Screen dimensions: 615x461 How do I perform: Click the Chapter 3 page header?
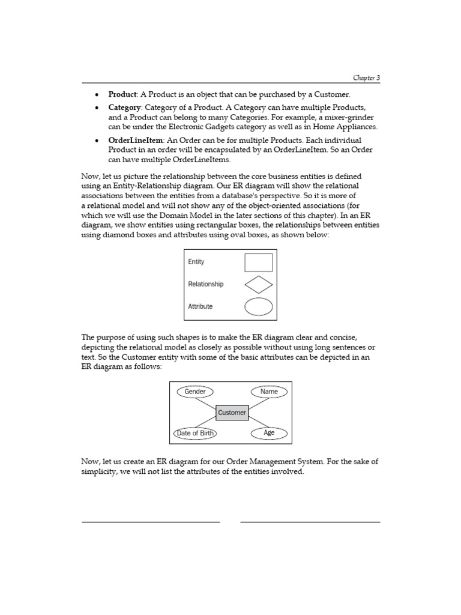(x=366, y=78)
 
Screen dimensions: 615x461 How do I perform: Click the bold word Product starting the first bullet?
(x=122, y=94)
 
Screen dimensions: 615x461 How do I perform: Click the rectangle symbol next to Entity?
(x=259, y=262)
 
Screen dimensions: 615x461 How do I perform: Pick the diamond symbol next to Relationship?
(x=259, y=284)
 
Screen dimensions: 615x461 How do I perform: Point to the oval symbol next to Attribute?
(x=259, y=306)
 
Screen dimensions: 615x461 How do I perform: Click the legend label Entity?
(x=196, y=262)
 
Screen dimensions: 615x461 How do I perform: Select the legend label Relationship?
(x=205, y=284)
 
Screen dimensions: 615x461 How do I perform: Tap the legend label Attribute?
(x=200, y=306)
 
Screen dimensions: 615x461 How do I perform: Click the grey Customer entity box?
(x=232, y=413)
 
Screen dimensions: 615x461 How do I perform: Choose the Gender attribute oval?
(x=195, y=392)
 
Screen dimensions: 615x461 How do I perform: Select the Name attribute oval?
(x=269, y=392)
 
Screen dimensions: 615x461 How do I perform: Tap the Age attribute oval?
(x=269, y=433)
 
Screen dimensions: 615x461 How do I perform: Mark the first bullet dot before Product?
(x=97, y=95)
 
